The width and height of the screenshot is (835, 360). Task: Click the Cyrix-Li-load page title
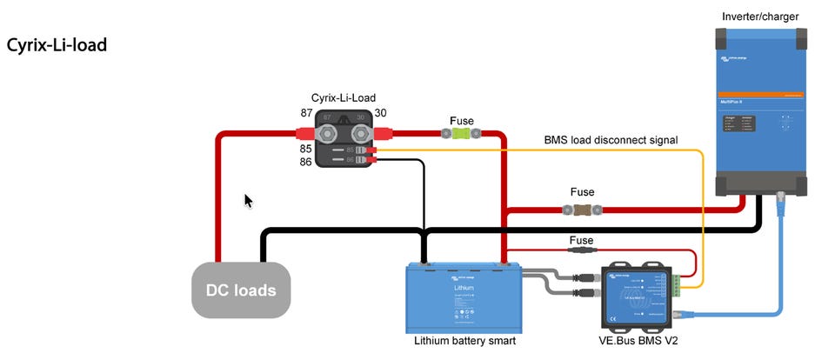(57, 44)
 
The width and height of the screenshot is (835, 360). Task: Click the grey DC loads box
(241, 289)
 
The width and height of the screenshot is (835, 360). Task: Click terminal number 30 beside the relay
(381, 114)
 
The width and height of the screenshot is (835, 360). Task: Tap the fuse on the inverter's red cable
(582, 209)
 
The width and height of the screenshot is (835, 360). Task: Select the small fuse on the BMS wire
(582, 250)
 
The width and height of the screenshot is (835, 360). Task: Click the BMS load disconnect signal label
(611, 139)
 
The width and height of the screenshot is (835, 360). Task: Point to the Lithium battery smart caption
(464, 341)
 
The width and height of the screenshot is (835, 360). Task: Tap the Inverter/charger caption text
(759, 17)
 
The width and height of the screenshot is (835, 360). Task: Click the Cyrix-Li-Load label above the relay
(344, 97)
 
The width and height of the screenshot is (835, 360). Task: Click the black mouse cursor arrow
(248, 201)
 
